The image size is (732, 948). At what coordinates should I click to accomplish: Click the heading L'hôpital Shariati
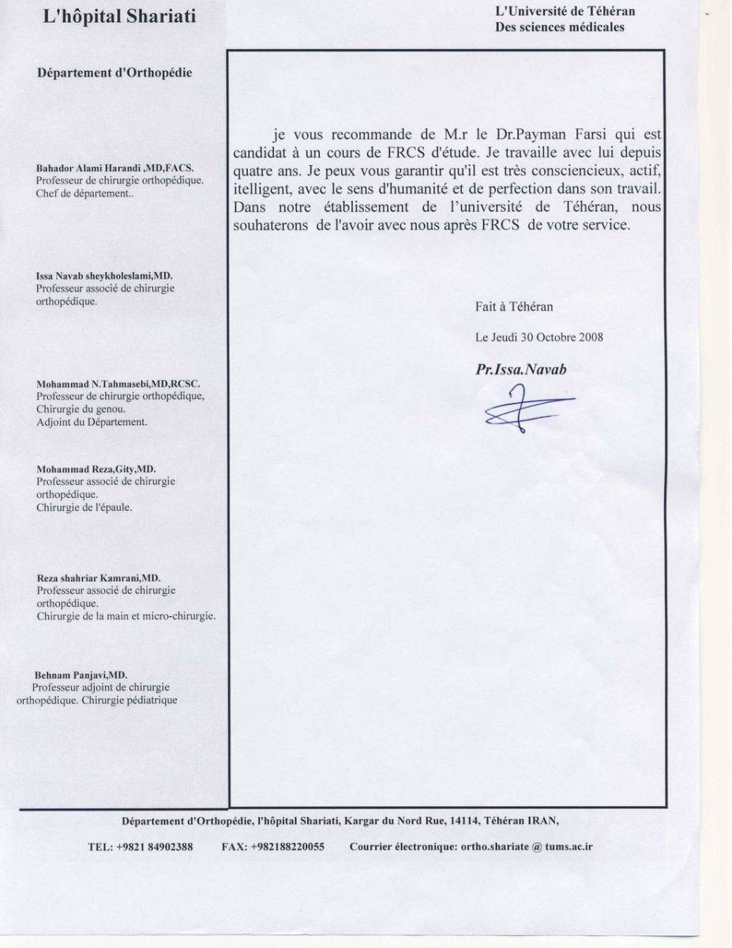pos(120,16)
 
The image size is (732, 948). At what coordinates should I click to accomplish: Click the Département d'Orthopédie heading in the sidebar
pos(114,73)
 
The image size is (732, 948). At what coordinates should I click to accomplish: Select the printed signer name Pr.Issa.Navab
pos(520,368)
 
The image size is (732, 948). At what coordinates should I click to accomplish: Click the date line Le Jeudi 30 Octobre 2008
pos(539,337)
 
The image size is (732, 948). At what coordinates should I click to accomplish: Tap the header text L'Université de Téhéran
pos(565,11)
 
